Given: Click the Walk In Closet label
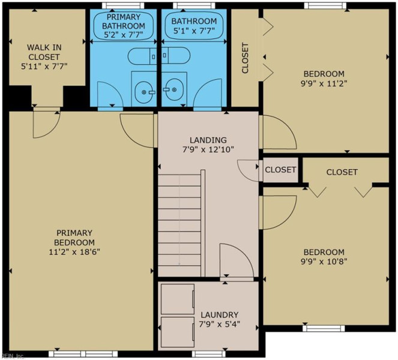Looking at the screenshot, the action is [x=44, y=52].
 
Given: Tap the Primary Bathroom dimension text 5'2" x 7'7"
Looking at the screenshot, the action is [x=124, y=35].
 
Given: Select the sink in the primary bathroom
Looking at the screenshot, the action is [x=144, y=92].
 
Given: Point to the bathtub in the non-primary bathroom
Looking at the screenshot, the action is [x=194, y=26].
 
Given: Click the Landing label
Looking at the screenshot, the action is [x=208, y=140].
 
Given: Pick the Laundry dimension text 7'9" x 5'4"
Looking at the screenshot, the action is [x=220, y=324].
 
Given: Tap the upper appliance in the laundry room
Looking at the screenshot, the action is [x=178, y=299].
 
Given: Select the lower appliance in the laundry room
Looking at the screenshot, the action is [x=178, y=332].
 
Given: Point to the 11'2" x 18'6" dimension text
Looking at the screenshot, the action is [x=74, y=252].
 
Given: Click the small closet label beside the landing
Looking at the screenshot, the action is [x=280, y=169].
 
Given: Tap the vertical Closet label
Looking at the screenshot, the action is [x=245, y=58].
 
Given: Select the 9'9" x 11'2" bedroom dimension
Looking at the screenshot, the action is [x=324, y=83].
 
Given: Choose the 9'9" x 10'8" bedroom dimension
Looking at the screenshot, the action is [x=324, y=262].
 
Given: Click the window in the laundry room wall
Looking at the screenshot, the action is [x=209, y=354].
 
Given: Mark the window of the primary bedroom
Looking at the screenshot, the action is [x=83, y=354].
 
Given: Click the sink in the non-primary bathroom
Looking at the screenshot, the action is [x=172, y=89].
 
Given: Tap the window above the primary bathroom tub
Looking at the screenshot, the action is [x=123, y=5].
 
